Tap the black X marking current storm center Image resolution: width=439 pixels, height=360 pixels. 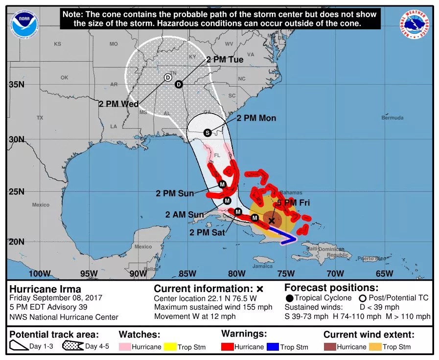(x=272, y=221)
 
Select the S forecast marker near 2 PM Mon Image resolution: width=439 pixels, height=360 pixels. (x=207, y=133)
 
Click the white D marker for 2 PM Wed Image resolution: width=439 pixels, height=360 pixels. (x=167, y=77)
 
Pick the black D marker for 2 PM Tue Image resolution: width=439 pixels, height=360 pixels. (x=179, y=84)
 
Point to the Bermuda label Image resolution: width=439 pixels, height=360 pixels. (x=393, y=118)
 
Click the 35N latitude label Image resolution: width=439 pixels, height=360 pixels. (x=16, y=84)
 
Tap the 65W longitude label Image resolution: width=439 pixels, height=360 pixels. (x=385, y=273)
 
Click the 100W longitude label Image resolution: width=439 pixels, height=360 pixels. (x=40, y=273)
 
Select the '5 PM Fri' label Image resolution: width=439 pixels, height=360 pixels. (x=294, y=202)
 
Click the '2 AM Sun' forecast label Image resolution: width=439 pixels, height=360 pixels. (x=185, y=214)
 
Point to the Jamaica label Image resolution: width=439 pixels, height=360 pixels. (x=263, y=266)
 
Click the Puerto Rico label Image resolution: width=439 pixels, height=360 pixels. (x=369, y=258)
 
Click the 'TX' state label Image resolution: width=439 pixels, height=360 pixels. (x=40, y=118)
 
